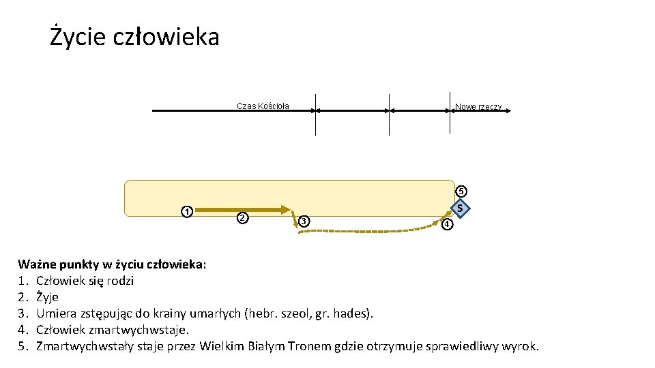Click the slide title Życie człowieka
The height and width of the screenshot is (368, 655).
coord(134,36)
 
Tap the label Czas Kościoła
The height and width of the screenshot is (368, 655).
coord(263,106)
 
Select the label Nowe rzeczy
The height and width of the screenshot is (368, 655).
coord(478,107)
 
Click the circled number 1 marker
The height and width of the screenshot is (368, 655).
coord(186,211)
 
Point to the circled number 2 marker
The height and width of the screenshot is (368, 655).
coord(241,218)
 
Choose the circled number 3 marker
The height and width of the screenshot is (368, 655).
coord(304,221)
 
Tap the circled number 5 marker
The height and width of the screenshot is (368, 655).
coord(462,191)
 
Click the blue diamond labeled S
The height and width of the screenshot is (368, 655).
coord(461,208)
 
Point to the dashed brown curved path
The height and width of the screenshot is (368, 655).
coord(368,232)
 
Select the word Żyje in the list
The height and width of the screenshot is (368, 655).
coord(47,297)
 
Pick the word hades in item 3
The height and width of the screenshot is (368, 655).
coord(355,313)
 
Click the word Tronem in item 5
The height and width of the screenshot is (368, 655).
coord(310,346)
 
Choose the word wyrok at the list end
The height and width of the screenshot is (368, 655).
coord(521,346)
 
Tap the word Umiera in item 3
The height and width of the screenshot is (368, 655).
coord(55,313)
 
